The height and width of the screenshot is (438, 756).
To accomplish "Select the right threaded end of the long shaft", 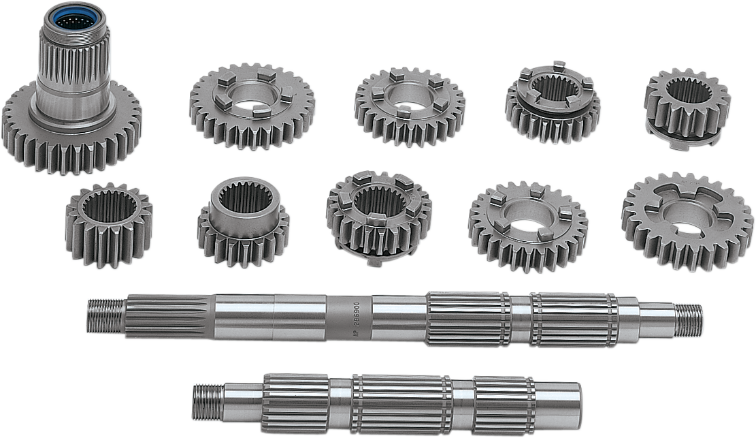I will pos(689,320).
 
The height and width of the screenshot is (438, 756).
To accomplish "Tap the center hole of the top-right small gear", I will pos(689,91).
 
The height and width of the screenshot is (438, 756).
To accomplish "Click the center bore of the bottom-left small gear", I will pos(108,207).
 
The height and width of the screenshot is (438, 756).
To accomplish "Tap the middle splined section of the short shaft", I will pos(401,405).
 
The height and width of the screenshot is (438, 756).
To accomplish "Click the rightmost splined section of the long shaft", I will pos(574,319).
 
